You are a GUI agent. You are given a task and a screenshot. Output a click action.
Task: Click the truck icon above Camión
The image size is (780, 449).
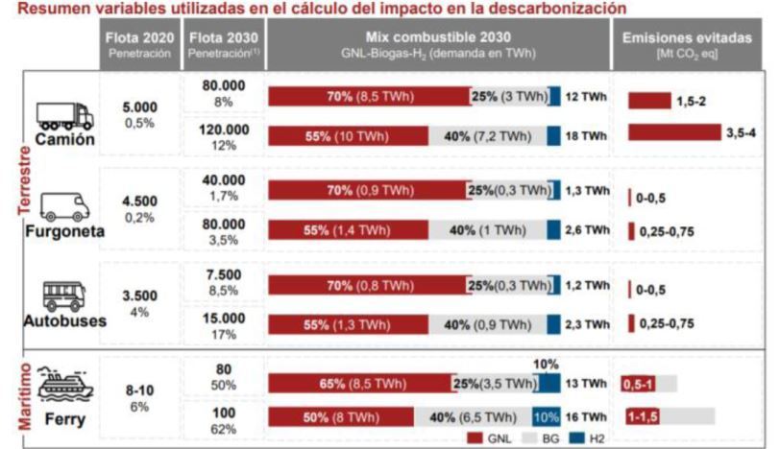[64, 115]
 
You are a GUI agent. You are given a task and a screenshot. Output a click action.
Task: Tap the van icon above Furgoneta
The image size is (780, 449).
[64, 206]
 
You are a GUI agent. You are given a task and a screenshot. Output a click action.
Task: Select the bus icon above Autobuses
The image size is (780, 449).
[64, 295]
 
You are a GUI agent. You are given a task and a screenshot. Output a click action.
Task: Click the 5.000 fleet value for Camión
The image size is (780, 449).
[139, 110]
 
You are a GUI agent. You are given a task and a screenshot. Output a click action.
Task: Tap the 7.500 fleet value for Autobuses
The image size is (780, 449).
[222, 275]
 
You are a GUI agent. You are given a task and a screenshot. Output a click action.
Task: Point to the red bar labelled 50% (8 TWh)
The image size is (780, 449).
[340, 417]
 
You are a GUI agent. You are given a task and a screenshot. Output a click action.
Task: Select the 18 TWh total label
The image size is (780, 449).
[586, 137]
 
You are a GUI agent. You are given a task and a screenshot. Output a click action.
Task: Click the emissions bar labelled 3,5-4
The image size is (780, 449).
[671, 132]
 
